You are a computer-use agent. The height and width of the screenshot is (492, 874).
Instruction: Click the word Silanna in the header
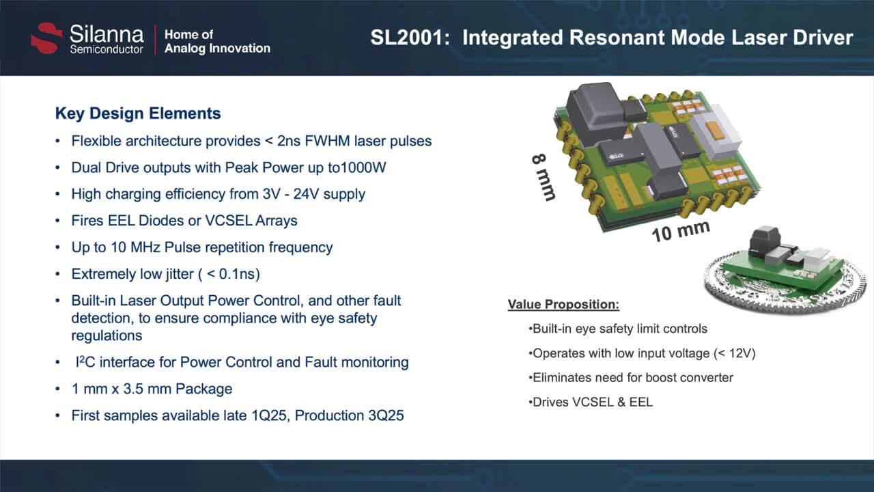(x=107, y=34)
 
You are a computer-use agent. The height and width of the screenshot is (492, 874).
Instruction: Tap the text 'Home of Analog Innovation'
(x=217, y=42)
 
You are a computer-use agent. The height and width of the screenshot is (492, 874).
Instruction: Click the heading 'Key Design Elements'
(x=138, y=113)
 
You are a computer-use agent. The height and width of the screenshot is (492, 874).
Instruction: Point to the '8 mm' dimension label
(x=544, y=176)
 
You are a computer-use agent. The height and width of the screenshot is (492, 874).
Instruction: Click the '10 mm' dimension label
(x=680, y=231)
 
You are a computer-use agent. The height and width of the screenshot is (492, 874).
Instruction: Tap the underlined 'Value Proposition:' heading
(x=563, y=305)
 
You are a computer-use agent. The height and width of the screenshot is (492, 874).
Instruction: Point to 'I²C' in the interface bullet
(x=85, y=362)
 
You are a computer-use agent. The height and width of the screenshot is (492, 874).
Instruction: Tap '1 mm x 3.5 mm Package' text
(x=152, y=389)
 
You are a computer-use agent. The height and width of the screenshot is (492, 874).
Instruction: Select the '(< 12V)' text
(x=734, y=353)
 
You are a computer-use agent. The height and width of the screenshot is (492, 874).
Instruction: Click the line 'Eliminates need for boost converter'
(x=633, y=377)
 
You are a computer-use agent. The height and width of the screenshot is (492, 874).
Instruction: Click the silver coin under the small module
(x=785, y=290)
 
